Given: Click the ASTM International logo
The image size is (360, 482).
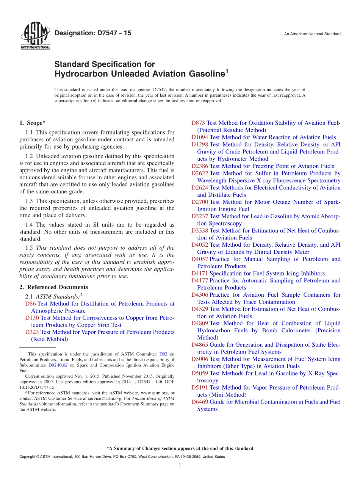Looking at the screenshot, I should [x=35, y=36].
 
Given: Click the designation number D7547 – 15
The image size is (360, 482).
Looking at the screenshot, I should [x=93, y=33].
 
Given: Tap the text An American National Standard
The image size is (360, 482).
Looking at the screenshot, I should [x=312, y=34].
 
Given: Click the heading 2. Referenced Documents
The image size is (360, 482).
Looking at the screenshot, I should [x=54, y=287].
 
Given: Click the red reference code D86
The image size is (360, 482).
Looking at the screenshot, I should [x=31, y=304].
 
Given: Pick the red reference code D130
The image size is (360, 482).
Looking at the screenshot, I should [x=32, y=318].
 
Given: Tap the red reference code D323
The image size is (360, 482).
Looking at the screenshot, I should [x=32, y=332].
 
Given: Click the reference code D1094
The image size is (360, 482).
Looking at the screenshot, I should [x=200, y=138].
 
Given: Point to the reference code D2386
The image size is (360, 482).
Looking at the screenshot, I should [x=200, y=166].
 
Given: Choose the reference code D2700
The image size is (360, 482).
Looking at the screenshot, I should [x=200, y=202].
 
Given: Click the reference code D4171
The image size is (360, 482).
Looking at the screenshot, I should [x=200, y=273].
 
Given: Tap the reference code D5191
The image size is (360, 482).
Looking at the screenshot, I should [x=200, y=388].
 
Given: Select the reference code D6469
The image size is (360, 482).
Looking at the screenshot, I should [x=200, y=402].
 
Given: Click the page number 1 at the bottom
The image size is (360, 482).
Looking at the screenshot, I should [x=180, y=466].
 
